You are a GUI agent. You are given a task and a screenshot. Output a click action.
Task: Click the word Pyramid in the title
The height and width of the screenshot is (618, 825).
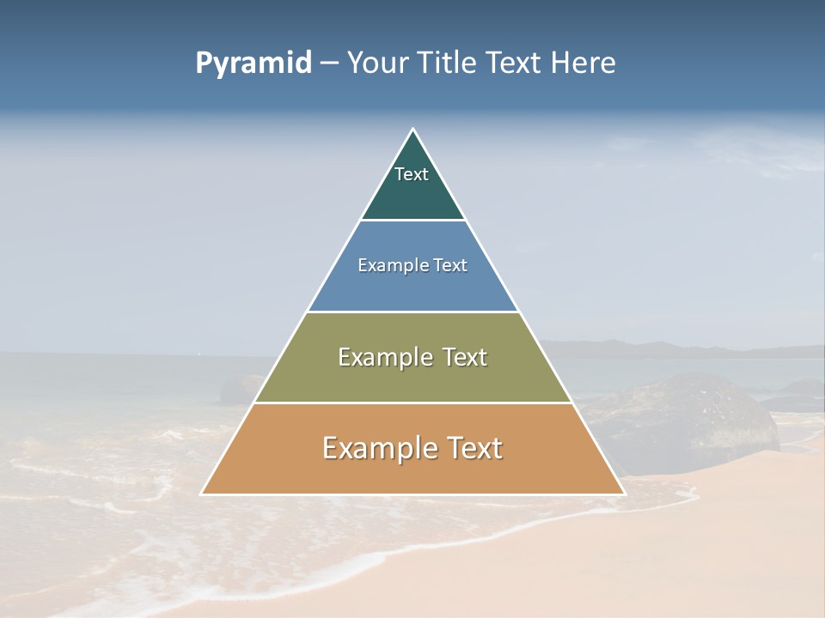pyautogui.click(x=254, y=64)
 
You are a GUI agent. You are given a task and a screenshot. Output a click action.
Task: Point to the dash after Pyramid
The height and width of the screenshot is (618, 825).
pyautogui.click(x=329, y=64)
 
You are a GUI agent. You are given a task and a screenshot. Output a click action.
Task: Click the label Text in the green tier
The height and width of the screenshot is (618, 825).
pyautogui.click(x=412, y=174)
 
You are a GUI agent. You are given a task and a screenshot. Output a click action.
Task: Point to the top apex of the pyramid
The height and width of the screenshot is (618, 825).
pyautogui.click(x=412, y=130)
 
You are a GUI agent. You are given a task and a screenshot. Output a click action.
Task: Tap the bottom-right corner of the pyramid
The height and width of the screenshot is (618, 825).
pyautogui.click(x=623, y=494)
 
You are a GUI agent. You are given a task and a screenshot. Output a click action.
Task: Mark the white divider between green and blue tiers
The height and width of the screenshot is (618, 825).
pyautogui.click(x=412, y=220)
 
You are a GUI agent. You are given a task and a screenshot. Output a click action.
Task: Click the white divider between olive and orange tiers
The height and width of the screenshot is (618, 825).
pyautogui.click(x=412, y=403)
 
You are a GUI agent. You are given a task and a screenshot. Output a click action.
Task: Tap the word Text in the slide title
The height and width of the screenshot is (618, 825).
pyautogui.click(x=515, y=63)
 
